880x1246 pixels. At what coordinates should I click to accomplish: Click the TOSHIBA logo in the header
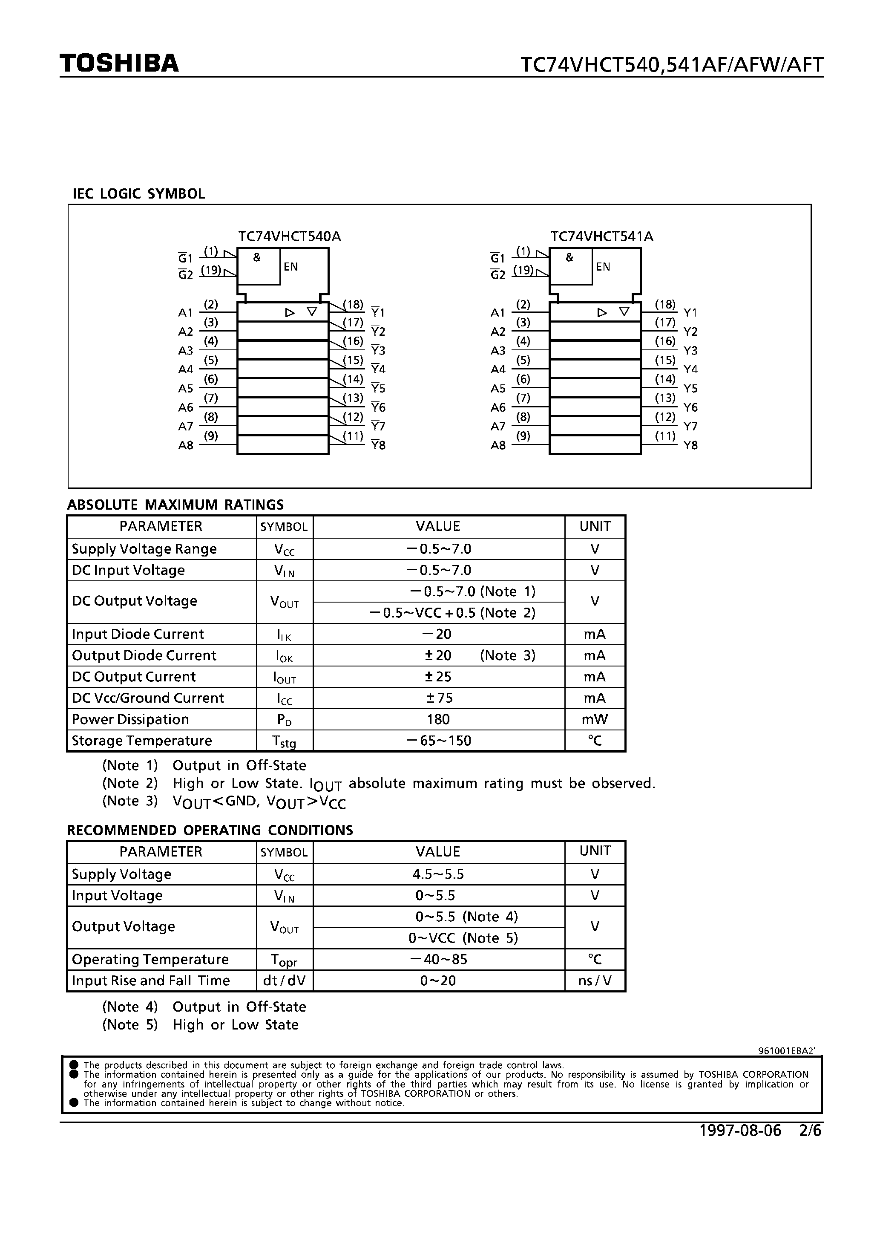point(119,63)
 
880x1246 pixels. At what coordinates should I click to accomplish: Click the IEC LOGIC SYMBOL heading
point(139,194)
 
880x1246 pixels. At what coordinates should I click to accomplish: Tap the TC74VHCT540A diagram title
point(289,237)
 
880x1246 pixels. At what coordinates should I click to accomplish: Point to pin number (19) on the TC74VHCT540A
point(210,270)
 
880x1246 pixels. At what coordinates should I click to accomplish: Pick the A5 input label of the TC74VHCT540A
point(186,389)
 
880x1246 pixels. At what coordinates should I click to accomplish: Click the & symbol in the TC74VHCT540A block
point(257,258)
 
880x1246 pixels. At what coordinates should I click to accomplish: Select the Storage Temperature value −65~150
point(438,740)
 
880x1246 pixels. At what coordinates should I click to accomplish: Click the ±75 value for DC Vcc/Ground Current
point(438,698)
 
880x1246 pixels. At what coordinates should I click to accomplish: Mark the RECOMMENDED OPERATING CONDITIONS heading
point(210,830)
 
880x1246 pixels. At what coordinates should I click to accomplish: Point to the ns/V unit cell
point(595,980)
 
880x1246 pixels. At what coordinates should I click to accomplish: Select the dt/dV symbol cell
point(284,980)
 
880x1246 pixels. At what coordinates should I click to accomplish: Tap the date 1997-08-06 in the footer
point(740,1131)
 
